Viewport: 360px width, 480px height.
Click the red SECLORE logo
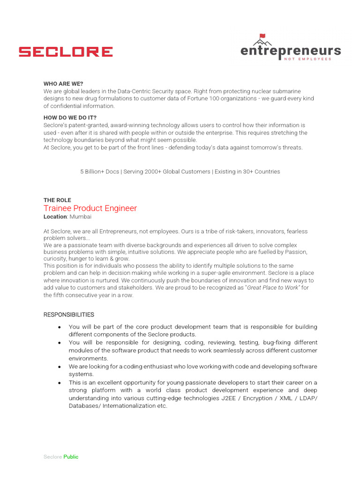point(66,52)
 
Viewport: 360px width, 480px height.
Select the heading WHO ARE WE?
point(63,83)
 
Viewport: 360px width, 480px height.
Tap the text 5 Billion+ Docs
point(99,172)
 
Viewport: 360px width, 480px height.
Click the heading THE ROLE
point(57,200)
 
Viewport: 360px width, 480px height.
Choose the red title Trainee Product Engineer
point(90,208)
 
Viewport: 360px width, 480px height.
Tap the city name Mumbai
point(81,217)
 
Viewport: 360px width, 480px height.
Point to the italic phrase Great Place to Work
point(272,288)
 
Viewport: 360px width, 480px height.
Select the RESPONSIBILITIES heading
point(68,315)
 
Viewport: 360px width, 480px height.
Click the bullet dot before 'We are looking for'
point(60,367)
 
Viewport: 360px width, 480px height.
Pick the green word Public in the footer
point(71,457)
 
